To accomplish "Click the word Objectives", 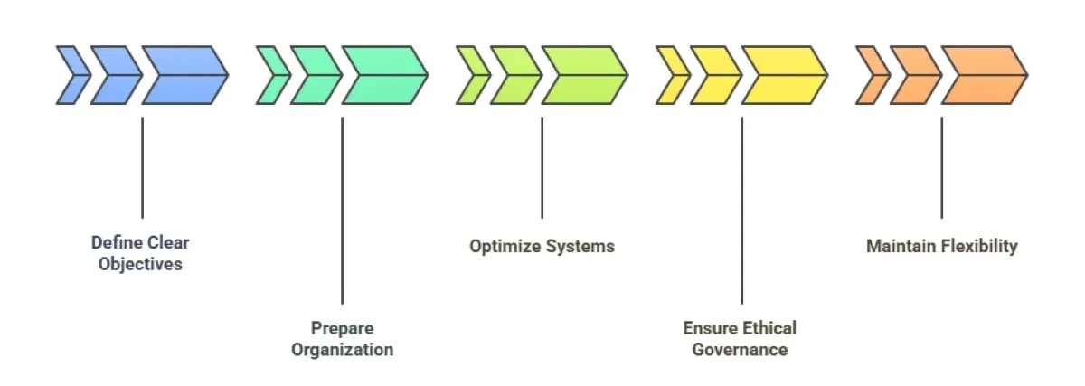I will (141, 265).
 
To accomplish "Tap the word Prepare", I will (342, 328).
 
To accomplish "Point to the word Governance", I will (741, 350).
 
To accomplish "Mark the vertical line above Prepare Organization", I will (342, 208).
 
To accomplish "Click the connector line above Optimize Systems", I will (542, 167).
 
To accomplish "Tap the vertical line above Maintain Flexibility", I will (941, 167).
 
